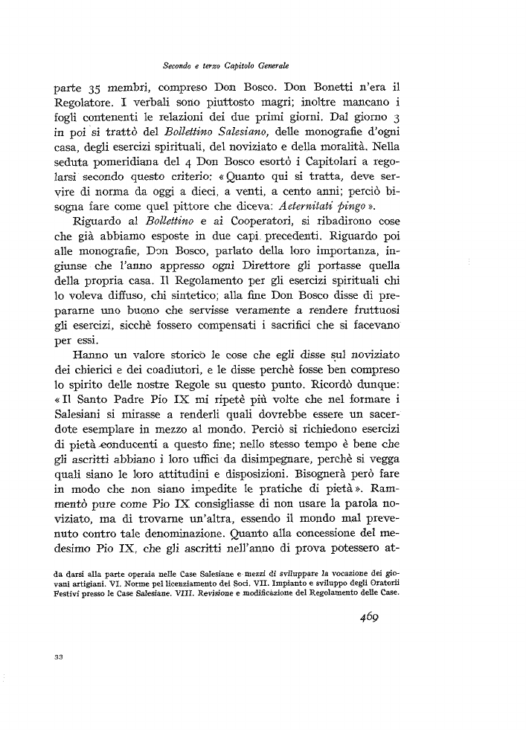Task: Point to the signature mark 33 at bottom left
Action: coord(60,656)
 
